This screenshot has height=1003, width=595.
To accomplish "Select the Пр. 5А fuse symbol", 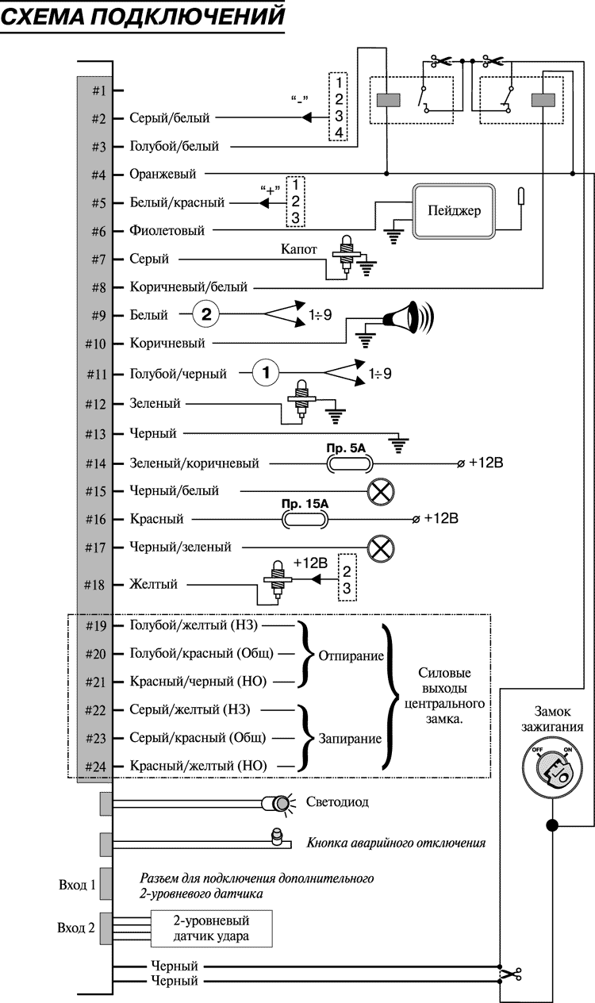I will (x=345, y=463).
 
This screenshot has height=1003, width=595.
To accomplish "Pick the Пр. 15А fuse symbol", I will (x=304, y=520).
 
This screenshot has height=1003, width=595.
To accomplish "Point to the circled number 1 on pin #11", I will (x=267, y=372).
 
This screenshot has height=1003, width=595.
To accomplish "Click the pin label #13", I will (x=98, y=434).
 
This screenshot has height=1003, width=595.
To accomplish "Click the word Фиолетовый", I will (x=167, y=232).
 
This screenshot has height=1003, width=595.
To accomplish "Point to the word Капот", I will (x=298, y=248).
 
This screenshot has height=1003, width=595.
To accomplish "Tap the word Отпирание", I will (x=351, y=657).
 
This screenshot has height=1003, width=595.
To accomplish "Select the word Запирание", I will (x=350, y=738).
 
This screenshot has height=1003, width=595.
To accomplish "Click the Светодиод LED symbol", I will (x=281, y=804).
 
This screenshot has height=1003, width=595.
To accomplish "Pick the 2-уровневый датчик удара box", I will (x=211, y=928).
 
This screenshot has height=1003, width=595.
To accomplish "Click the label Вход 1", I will (x=77, y=885).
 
